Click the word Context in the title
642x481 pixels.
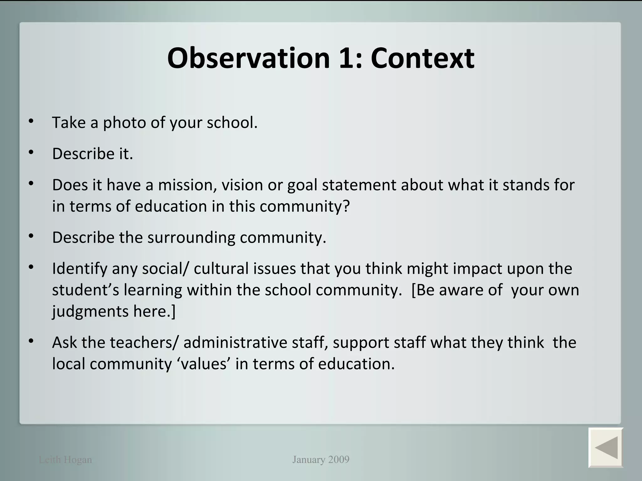422,58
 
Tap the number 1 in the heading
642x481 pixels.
350,58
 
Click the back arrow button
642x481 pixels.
605,447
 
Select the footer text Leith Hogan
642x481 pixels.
65,460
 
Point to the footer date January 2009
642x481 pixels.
321,459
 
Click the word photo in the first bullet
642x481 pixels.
124,123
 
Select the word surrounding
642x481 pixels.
191,237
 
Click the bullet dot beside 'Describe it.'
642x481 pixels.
31,153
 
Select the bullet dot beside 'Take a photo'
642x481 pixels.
31,121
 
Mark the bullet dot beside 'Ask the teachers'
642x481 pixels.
31,341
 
